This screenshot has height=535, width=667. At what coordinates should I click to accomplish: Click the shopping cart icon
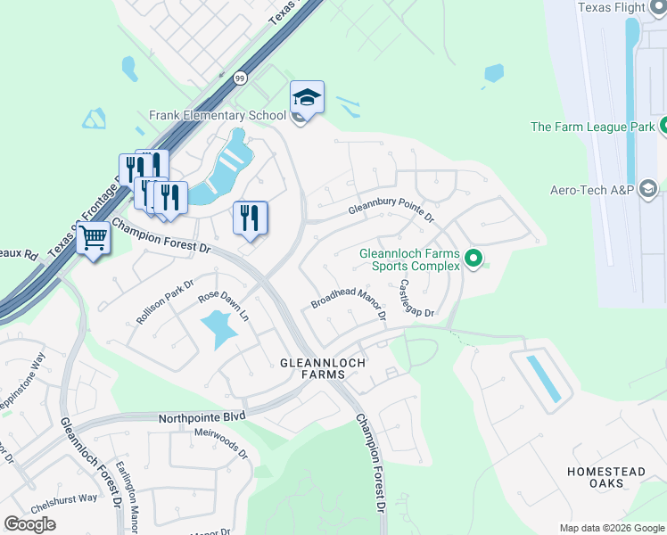point(93,238)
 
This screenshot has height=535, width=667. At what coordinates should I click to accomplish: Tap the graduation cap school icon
point(307,96)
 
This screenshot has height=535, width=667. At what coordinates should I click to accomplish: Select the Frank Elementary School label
point(218,116)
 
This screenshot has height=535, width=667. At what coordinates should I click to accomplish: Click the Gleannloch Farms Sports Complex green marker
point(473,259)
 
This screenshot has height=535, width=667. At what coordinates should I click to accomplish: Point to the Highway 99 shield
point(240,78)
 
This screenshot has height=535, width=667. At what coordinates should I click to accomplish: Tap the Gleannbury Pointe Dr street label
point(391,210)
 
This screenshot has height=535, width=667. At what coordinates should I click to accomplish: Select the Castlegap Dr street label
point(416,300)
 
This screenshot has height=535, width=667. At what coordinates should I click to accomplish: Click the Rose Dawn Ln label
point(223,307)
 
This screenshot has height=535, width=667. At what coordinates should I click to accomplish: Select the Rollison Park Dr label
point(165,302)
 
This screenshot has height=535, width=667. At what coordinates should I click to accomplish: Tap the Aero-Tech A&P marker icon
point(648,189)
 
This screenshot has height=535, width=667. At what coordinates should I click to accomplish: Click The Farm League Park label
point(592,127)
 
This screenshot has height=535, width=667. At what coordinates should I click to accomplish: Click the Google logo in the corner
point(29,524)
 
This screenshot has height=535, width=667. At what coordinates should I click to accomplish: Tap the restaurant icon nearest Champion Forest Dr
point(250,218)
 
